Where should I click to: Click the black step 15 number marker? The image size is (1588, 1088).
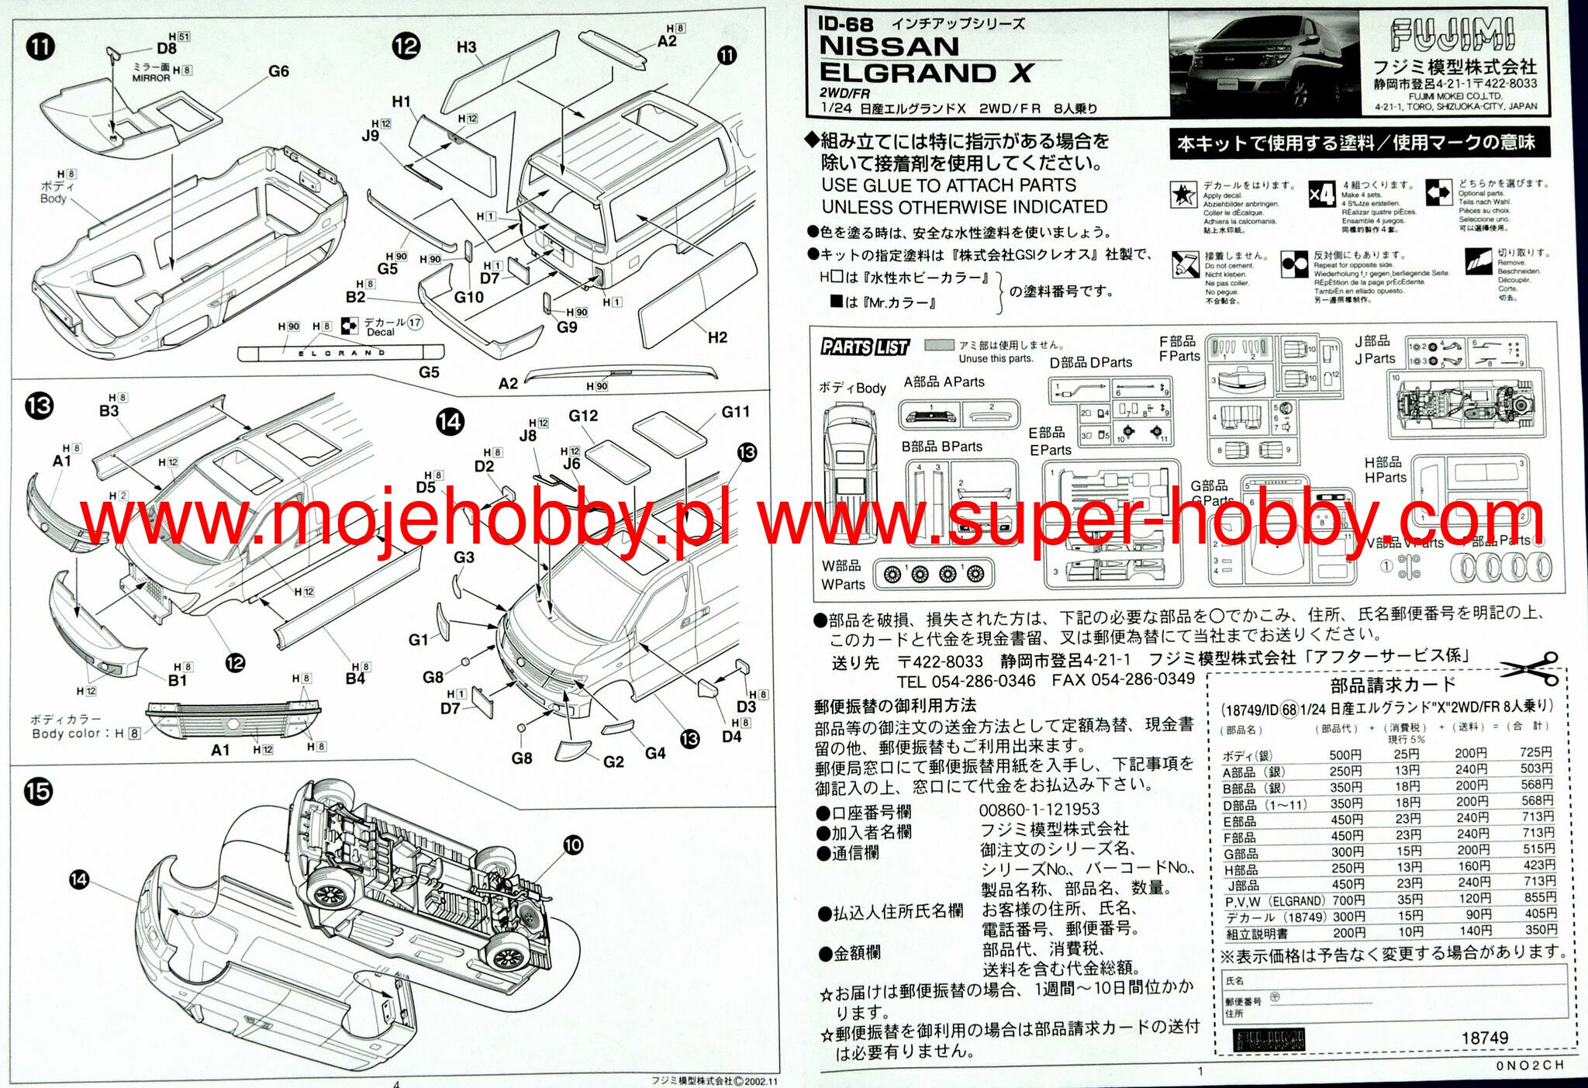click(x=38, y=792)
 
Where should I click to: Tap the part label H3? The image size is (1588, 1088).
click(x=466, y=47)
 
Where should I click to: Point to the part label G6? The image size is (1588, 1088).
click(x=278, y=71)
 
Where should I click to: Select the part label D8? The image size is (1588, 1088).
click(x=167, y=48)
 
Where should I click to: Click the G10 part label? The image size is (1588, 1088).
click(x=468, y=297)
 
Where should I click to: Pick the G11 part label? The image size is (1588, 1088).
click(x=735, y=412)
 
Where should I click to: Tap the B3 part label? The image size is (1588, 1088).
click(x=109, y=410)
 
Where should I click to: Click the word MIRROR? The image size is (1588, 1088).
click(x=150, y=78)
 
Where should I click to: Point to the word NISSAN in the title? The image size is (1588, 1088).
click(x=889, y=47)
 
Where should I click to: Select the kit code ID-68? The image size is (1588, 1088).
click(x=845, y=24)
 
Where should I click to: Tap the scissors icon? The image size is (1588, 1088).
click(x=1530, y=668)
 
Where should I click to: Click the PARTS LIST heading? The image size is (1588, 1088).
click(x=865, y=347)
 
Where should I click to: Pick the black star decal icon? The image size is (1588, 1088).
click(x=1182, y=195)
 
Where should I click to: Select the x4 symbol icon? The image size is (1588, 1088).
click(x=1321, y=194)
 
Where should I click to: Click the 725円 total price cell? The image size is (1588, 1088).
click(x=1535, y=752)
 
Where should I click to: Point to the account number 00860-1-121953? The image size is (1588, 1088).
click(x=1038, y=810)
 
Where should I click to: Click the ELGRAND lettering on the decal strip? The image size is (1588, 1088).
click(x=342, y=353)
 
